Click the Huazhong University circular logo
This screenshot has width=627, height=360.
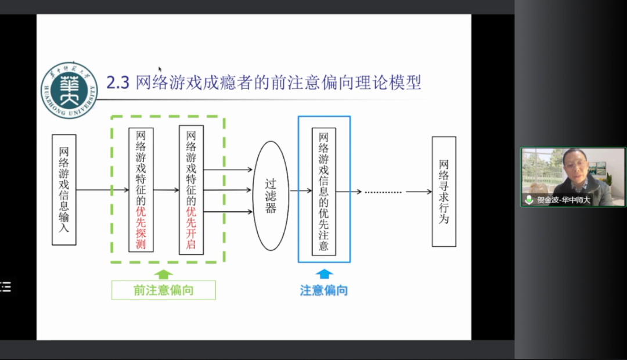tap(69, 90)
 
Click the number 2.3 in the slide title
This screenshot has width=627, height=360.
tap(118, 83)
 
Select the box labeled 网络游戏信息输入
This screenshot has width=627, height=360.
tap(64, 189)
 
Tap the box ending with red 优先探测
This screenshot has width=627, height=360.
tap(141, 190)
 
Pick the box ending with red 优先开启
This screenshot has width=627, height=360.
tap(191, 190)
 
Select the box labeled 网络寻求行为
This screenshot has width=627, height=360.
tap(444, 192)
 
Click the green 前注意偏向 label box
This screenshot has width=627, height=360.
tap(164, 290)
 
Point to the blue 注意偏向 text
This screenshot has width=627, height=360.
tap(324, 290)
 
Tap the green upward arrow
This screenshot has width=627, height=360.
tap(165, 274)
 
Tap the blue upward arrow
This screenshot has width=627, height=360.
tap(324, 274)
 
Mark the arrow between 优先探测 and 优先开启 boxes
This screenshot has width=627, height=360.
tap(167, 190)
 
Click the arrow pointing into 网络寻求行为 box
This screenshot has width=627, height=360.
tap(419, 192)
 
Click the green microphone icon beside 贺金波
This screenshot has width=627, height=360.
tap(529, 200)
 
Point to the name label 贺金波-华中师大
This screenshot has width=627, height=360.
tap(563, 200)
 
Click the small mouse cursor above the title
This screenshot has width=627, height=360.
tap(160, 69)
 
